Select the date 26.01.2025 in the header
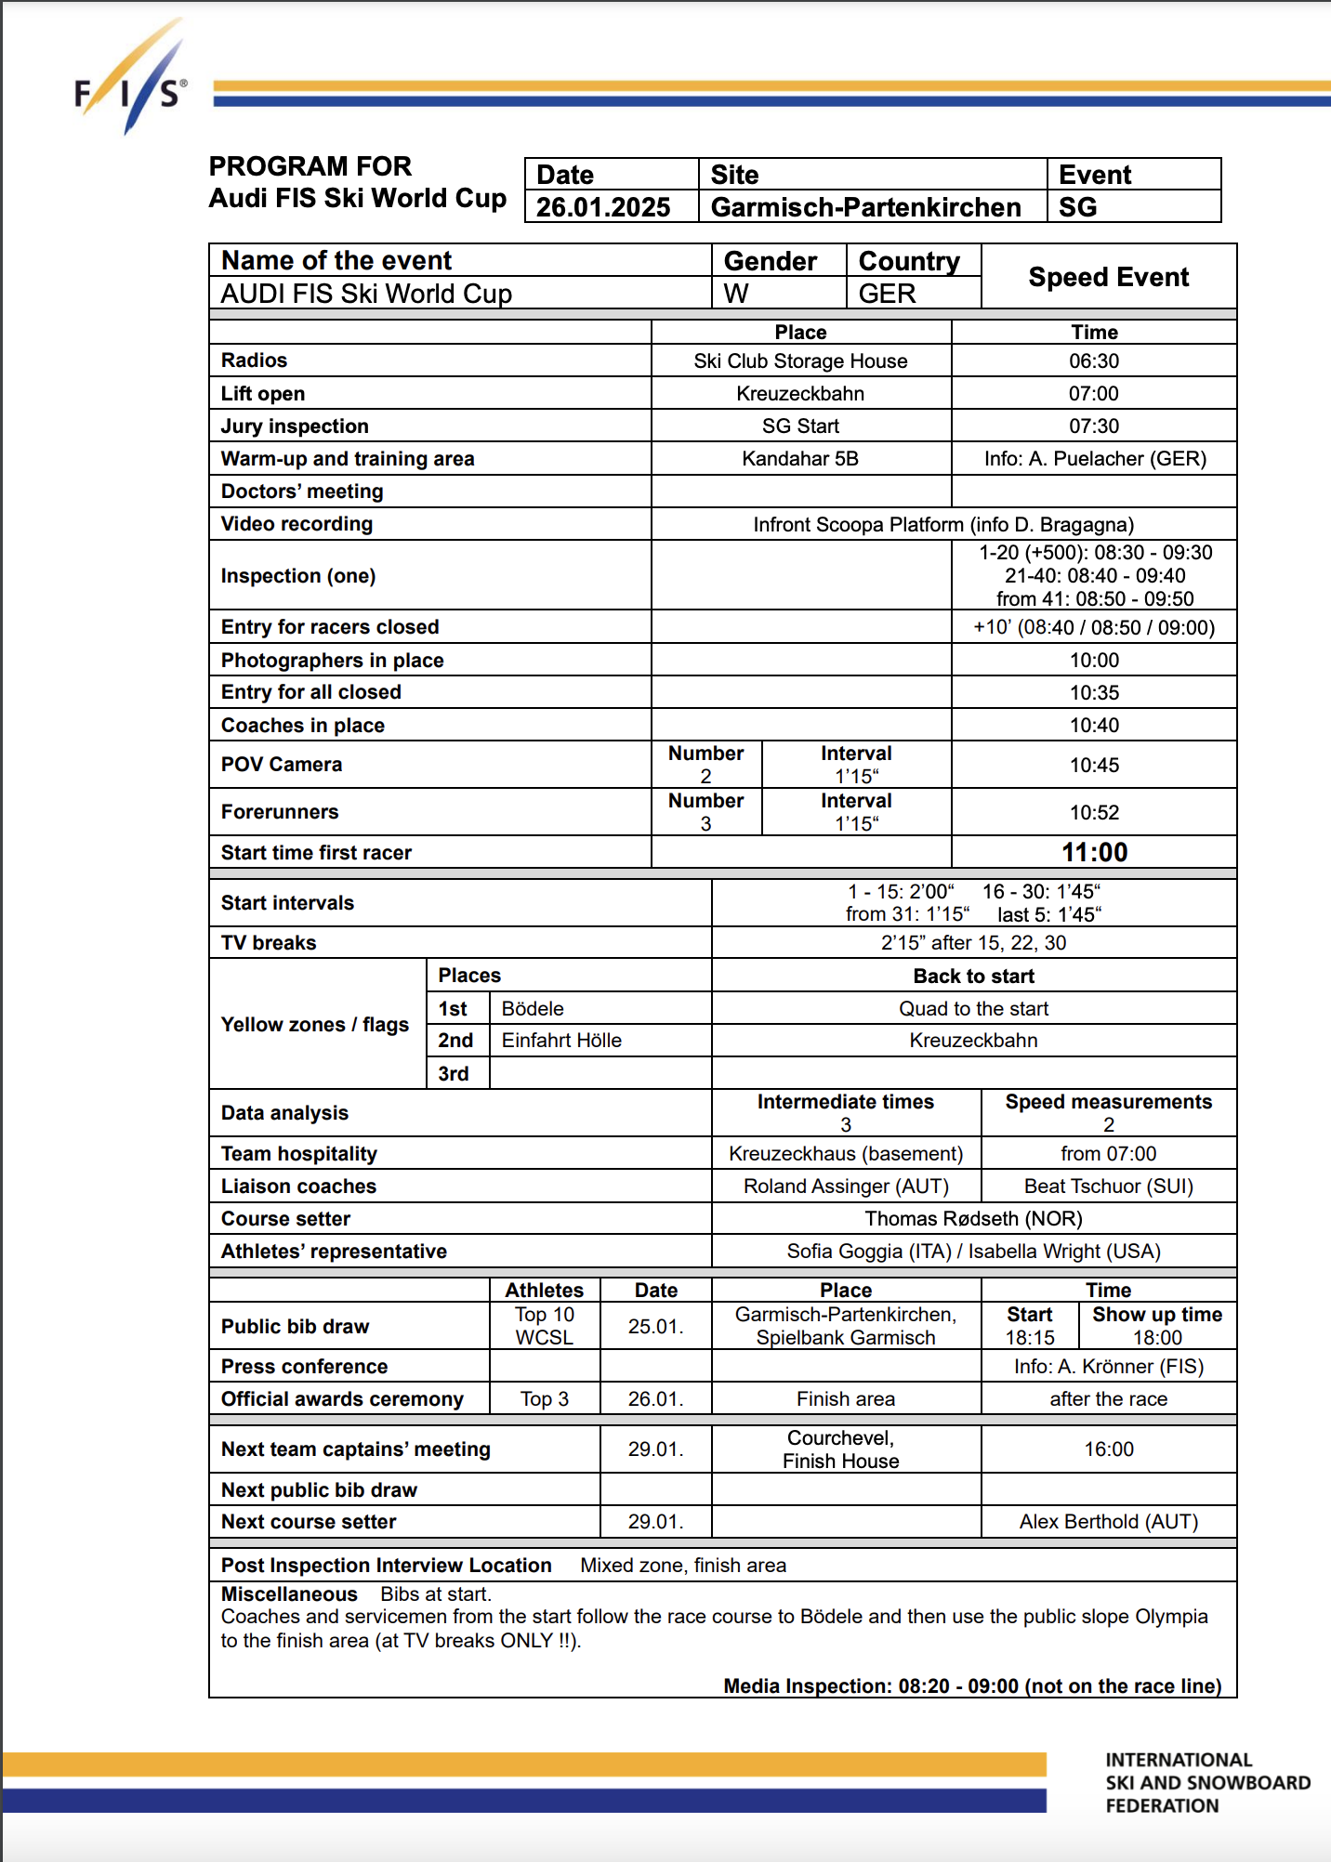click(603, 207)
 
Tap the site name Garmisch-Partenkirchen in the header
click(865, 207)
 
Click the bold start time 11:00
click(1094, 852)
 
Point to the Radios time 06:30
click(1094, 361)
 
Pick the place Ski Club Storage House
click(800, 361)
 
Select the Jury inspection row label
click(295, 426)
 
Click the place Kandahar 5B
click(800, 458)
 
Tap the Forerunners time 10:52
click(1094, 812)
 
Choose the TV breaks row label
click(269, 942)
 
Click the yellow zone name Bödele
click(533, 1008)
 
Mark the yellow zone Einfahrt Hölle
click(561, 1040)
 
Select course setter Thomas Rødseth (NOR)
click(973, 1218)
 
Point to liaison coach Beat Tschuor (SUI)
click(1108, 1186)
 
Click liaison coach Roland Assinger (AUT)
click(846, 1186)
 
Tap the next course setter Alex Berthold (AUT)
click(1108, 1521)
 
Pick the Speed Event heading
click(1108, 277)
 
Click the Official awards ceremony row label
click(342, 1398)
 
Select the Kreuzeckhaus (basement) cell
click(846, 1153)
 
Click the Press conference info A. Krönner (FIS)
click(1108, 1366)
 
